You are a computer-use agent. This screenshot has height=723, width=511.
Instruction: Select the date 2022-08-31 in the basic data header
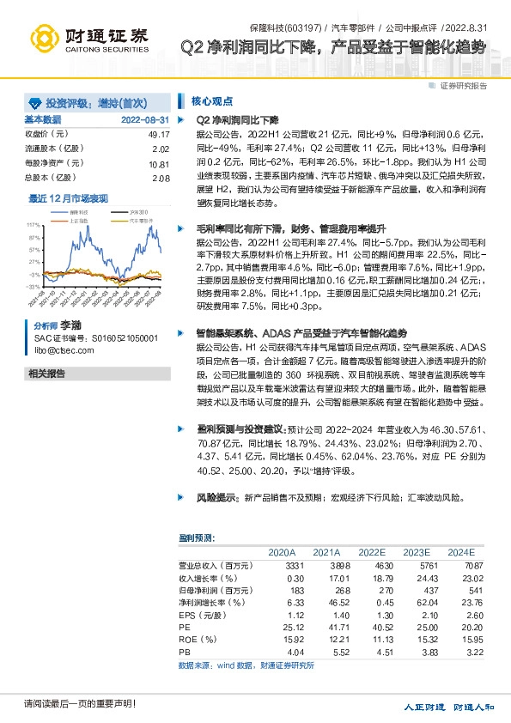tap(145, 119)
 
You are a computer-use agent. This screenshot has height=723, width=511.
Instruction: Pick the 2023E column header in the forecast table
tap(416, 552)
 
